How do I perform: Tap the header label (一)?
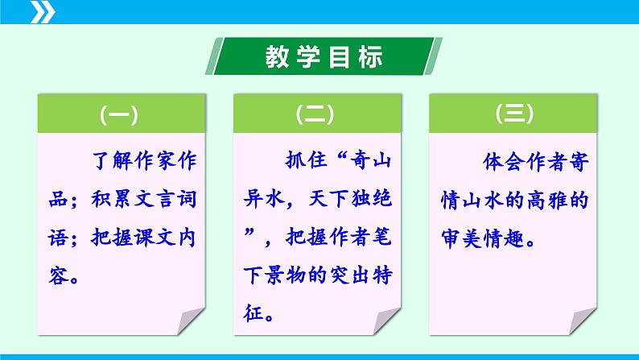[x=118, y=115]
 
